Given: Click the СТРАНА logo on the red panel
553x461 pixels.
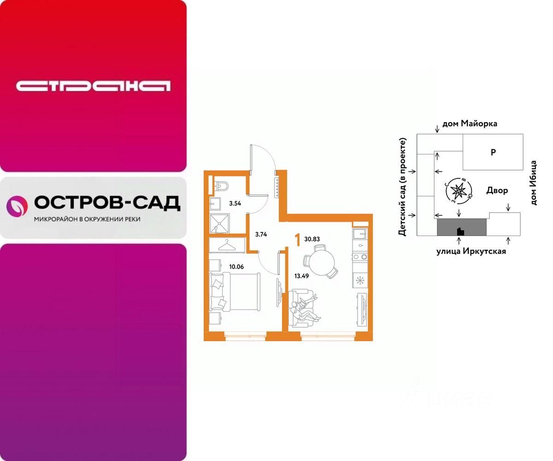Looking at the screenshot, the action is tap(93, 86).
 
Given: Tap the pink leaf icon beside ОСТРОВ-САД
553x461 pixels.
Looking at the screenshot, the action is tap(17, 206).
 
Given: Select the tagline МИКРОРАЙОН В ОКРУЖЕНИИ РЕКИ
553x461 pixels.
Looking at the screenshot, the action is tap(87, 219).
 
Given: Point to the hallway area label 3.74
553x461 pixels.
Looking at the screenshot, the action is tap(262, 234).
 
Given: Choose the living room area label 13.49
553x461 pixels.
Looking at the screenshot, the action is tap(302, 277).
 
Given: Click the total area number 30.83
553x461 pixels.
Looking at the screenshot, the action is tap(312, 239).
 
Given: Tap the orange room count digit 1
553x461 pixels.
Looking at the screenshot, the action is tap(297, 239).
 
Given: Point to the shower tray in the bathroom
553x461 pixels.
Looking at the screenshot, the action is tap(222, 225).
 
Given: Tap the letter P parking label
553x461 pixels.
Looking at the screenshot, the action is tap(493, 152).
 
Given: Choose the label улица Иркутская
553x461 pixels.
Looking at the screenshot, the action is tap(471, 251).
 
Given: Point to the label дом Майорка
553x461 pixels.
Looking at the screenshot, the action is tap(470, 124).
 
